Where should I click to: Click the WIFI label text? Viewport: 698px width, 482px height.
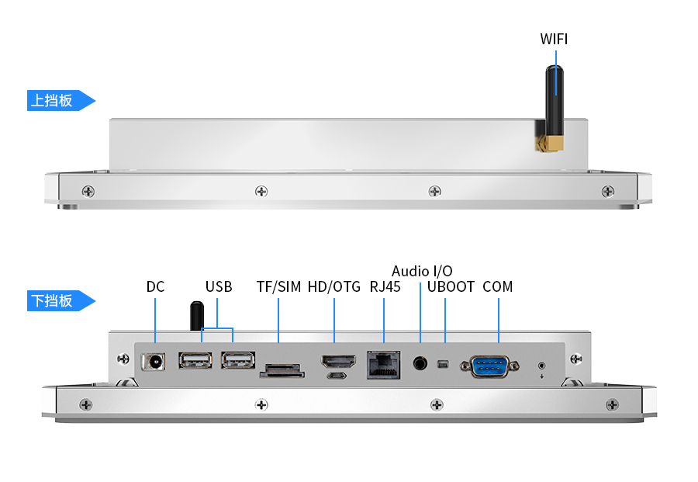pyautogui.click(x=554, y=39)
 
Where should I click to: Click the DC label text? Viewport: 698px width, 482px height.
pyautogui.click(x=155, y=287)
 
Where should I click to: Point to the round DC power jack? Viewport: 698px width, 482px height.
pyautogui.click(x=155, y=362)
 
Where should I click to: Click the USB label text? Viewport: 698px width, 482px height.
pyautogui.click(x=219, y=287)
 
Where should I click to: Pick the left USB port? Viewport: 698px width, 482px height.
pyautogui.click(x=196, y=360)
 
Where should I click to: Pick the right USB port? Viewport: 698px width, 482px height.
pyautogui.click(x=237, y=360)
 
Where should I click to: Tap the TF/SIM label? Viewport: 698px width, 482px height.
pyautogui.click(x=278, y=287)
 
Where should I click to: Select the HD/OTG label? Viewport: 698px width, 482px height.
pyautogui.click(x=334, y=287)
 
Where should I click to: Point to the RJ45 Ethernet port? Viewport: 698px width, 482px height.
pyautogui.click(x=384, y=363)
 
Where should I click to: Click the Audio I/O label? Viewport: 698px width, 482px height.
pyautogui.click(x=422, y=271)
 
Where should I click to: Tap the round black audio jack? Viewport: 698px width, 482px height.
pyautogui.click(x=421, y=362)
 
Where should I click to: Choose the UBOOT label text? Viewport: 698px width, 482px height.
pyautogui.click(x=451, y=287)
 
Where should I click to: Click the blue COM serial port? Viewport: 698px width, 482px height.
pyautogui.click(x=489, y=365)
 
